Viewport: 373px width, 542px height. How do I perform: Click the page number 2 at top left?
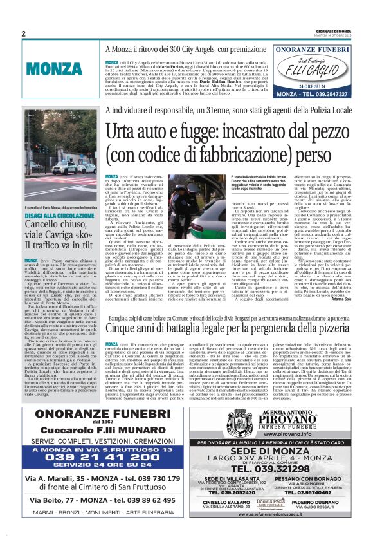[x=23, y=33]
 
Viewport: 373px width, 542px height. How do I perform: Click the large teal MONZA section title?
[x=53, y=67]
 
